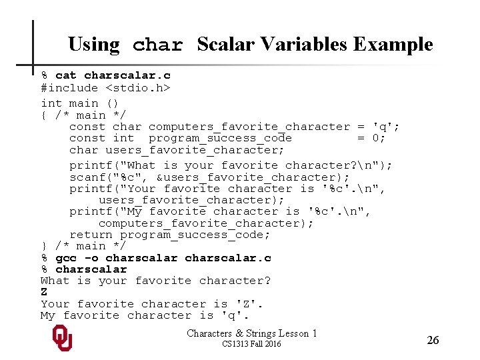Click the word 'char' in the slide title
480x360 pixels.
point(158,45)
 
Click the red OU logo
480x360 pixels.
point(62,338)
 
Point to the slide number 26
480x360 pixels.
point(433,340)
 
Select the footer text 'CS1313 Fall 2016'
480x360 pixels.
point(251,344)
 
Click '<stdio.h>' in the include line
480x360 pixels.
point(138,87)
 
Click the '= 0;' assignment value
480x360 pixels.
point(371,138)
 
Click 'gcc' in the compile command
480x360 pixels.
point(66,258)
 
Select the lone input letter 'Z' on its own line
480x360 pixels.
point(44,292)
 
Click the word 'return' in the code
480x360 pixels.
point(91,235)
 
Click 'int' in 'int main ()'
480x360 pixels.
point(51,103)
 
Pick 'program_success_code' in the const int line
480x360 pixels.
point(220,138)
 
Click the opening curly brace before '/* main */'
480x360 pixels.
point(44,115)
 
